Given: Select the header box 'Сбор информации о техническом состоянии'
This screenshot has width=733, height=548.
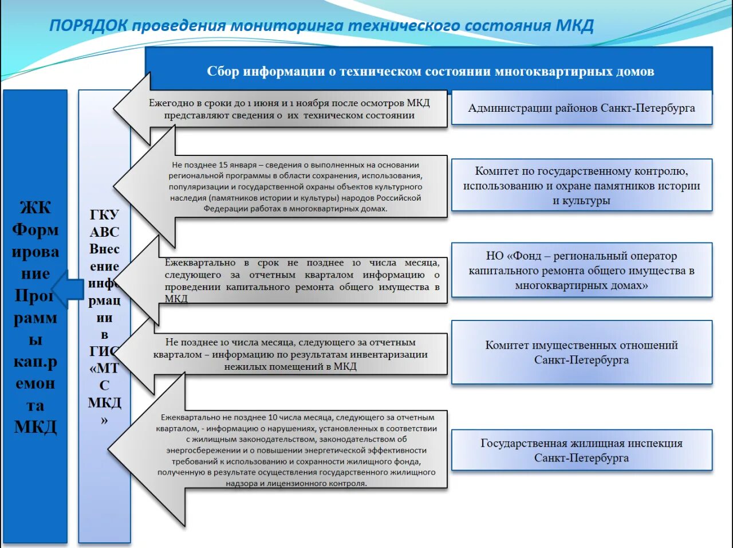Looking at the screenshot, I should [429, 72].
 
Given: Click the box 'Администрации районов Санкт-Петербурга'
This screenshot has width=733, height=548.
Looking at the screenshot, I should [581, 108].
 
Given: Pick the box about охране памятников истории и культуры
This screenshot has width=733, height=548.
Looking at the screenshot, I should [581, 186].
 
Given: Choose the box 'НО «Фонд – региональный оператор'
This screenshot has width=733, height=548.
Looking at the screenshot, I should [581, 271].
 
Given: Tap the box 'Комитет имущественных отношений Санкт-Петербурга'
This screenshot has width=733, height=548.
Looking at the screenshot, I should [581, 353].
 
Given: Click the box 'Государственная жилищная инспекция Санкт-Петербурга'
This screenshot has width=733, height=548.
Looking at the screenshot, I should [581, 451].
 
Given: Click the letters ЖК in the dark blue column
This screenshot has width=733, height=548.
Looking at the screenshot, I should [36, 208].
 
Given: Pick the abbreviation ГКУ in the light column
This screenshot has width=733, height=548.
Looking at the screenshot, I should [104, 215].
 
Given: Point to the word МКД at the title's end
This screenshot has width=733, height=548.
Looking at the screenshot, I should [574, 26].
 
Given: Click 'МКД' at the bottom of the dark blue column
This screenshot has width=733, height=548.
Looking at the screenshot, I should [36, 427].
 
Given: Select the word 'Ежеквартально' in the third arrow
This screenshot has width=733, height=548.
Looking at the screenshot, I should [200, 263].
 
